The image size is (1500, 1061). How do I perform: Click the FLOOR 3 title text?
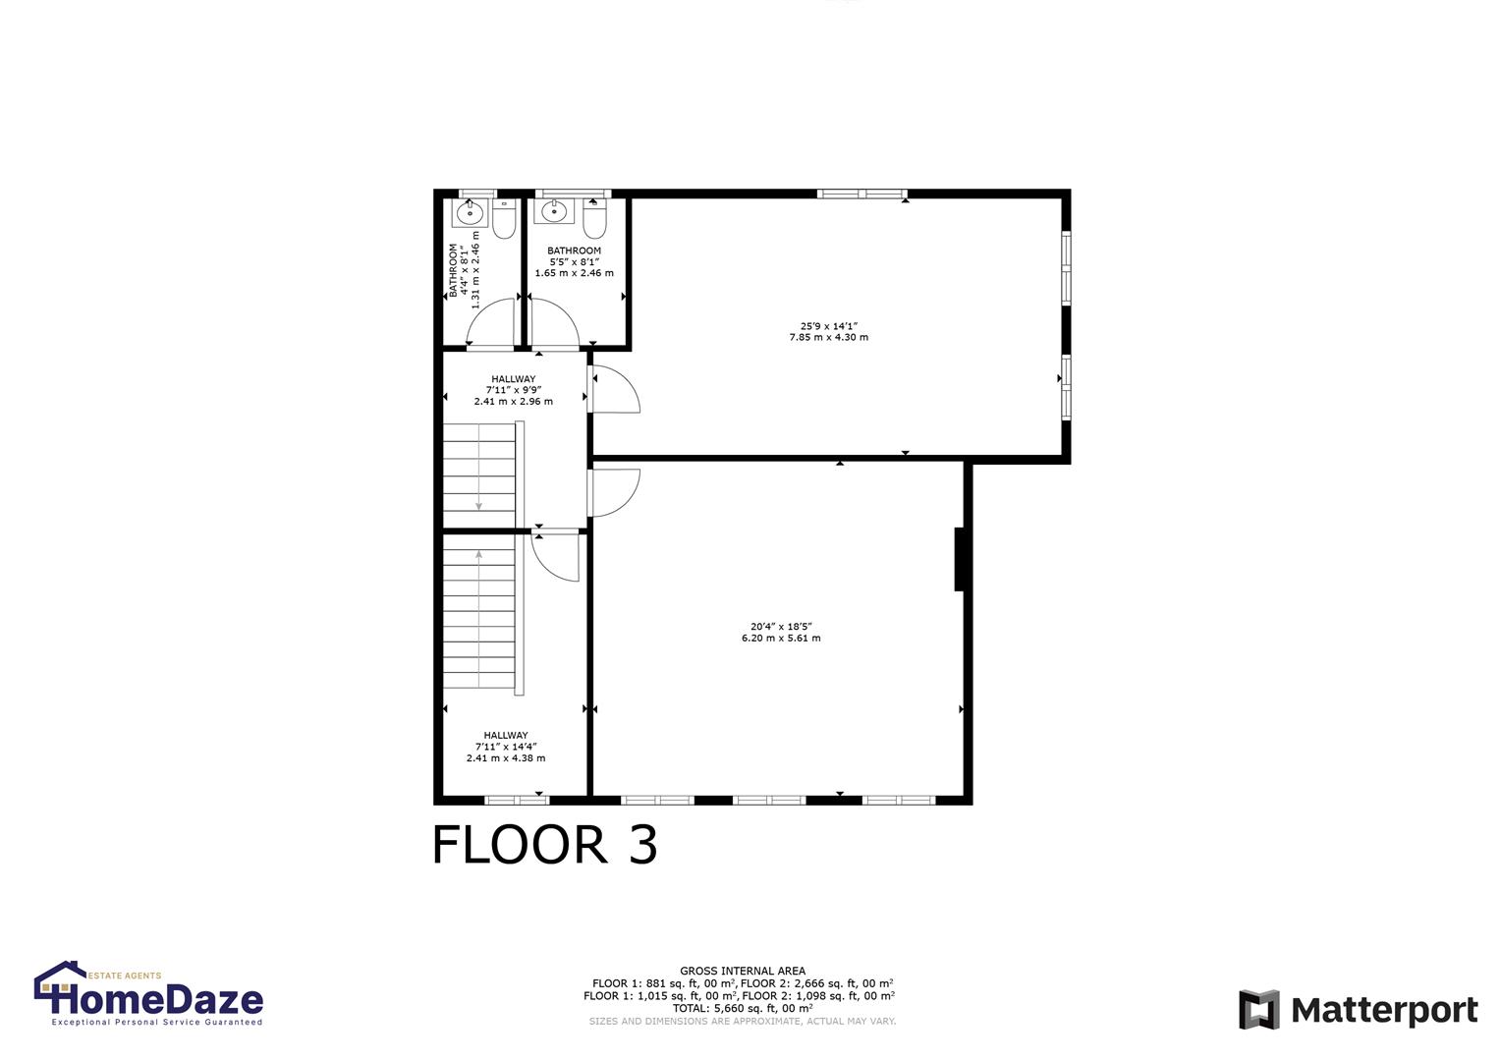coord(544,845)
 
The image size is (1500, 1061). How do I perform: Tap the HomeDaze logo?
coord(148,995)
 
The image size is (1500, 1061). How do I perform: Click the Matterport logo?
coord(1359,1009)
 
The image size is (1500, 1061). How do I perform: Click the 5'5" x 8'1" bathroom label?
coord(574,262)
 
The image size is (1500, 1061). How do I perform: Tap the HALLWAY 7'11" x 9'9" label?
coord(513,390)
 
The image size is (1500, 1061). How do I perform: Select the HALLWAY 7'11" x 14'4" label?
coord(505,747)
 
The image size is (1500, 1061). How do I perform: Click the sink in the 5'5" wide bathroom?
coord(554,211)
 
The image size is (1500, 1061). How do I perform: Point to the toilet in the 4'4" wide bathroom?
coord(504,222)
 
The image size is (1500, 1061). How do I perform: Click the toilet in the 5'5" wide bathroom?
coord(593,222)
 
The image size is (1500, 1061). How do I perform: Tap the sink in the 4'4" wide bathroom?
coord(471,212)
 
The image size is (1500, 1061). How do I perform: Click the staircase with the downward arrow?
coord(478,475)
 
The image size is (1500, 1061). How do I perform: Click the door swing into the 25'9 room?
coord(615,389)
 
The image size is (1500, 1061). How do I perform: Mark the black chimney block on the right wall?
coord(960,559)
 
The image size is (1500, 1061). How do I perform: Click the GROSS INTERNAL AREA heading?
coord(742,971)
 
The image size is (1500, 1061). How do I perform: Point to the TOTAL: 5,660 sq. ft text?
coord(742,1008)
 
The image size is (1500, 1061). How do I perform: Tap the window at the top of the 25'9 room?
coord(861,194)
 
